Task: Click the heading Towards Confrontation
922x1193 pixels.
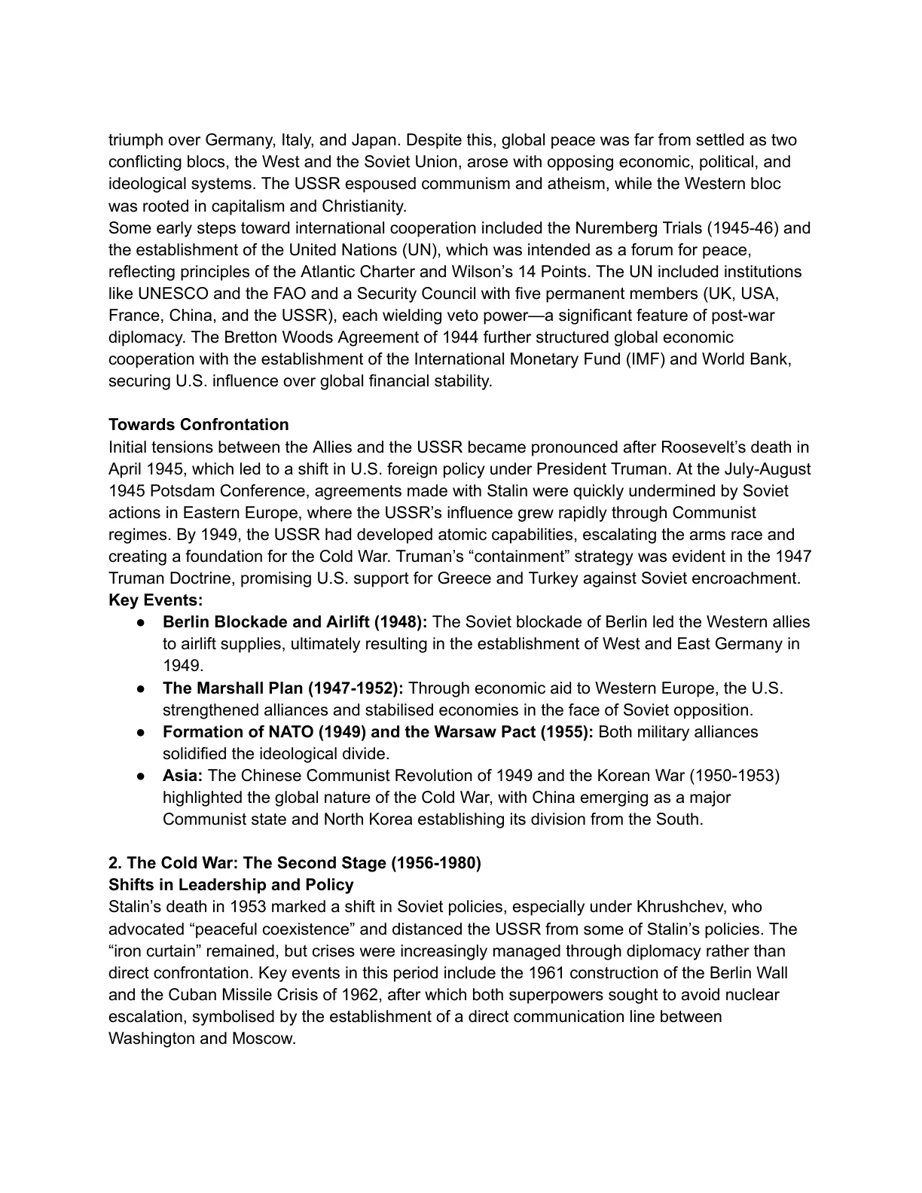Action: coord(198,425)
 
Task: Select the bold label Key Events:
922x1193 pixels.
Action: coord(156,600)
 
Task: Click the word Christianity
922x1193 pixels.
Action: coord(364,206)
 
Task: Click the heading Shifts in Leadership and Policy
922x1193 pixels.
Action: coord(231,885)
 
